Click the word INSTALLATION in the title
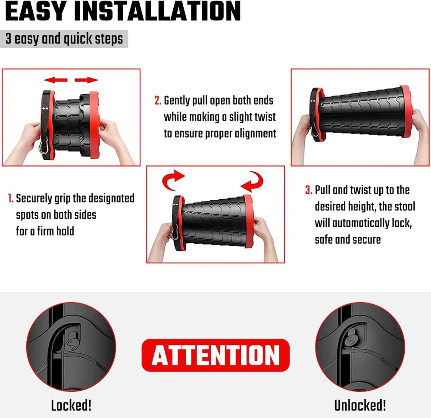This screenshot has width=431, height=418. pos(158,11)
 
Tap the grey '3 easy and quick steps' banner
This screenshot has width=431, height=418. pos(64,39)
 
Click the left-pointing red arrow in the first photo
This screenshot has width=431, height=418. pos(56,80)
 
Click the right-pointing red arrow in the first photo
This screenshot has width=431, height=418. pos(86,80)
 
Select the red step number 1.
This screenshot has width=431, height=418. pos(10,198)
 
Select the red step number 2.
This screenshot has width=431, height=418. pos(157,100)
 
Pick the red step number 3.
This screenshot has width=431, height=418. pos(309,190)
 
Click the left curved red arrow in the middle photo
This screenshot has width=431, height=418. pos(173,180)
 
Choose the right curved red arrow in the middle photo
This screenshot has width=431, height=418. pos(252,181)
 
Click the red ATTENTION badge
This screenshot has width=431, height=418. pos(215,356)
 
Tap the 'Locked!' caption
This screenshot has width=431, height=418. pos(71,405)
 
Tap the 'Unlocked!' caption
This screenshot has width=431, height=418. pos(360,405)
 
